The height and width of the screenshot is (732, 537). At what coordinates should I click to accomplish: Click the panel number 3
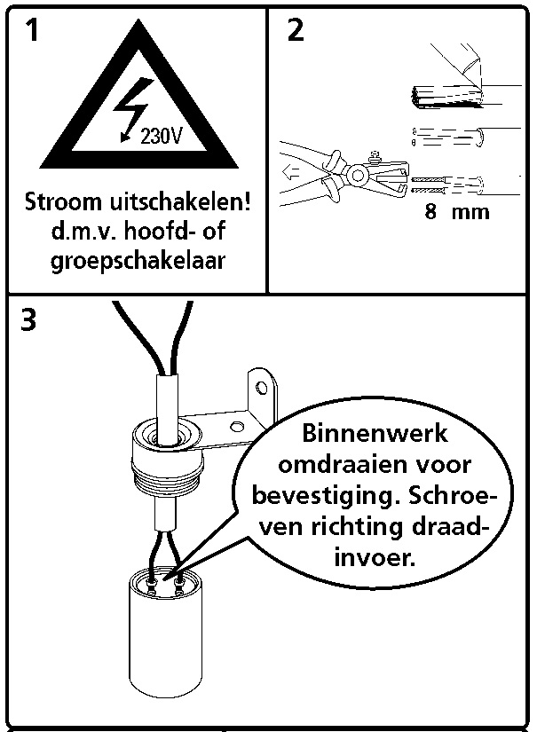click(28, 320)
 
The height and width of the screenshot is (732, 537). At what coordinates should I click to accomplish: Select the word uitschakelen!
click(180, 201)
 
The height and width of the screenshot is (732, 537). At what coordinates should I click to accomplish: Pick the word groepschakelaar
click(138, 260)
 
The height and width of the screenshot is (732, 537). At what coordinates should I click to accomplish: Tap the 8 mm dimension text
click(457, 211)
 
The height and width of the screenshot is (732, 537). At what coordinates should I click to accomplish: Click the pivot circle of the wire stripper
click(358, 176)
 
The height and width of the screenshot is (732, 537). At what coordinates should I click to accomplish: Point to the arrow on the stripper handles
click(290, 174)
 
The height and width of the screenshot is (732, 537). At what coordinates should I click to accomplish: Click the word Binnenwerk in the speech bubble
click(375, 433)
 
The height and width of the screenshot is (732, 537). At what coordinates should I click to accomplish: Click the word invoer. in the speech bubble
click(375, 557)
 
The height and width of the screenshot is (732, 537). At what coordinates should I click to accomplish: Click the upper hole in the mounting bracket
click(262, 388)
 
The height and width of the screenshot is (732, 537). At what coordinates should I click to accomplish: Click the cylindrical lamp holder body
click(165, 635)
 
